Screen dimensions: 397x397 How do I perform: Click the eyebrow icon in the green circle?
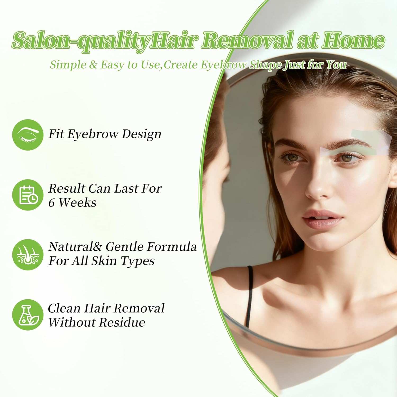pos(28,135)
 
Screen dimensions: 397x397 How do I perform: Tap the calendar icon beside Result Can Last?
pos(28,195)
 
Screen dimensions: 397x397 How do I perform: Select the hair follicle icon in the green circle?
pos(28,255)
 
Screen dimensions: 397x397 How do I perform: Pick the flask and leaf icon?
pos(28,315)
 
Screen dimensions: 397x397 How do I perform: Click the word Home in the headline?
pos(353,40)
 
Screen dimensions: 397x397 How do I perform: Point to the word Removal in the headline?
pos(248,40)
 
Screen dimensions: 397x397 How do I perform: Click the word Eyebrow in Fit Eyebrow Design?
pos(93,134)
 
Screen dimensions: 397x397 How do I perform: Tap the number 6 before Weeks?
pos(52,203)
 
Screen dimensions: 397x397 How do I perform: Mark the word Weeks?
pos(78,203)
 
